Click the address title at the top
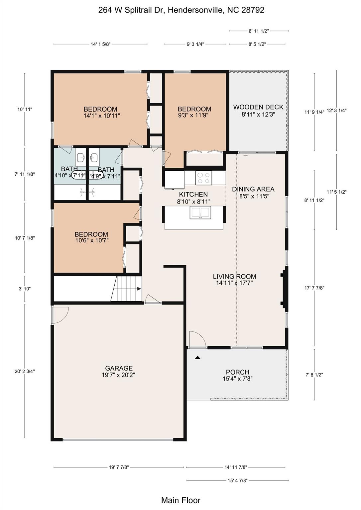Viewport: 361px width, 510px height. (181, 10)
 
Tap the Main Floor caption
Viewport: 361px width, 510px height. (181, 500)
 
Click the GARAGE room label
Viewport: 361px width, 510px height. (119, 368)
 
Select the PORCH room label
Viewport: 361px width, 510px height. (237, 372)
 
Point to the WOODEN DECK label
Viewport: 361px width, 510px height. (258, 107)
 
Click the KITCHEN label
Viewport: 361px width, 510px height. (193, 195)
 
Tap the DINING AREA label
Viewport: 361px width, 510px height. (253, 189)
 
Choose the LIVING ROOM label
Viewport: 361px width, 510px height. (234, 276)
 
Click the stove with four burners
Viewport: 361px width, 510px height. (203, 178)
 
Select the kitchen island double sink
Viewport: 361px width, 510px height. (200, 212)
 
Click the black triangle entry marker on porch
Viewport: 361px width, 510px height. (197, 358)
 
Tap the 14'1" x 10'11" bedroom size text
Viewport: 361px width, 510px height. (102, 116)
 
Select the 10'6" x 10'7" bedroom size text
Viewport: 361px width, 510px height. (91, 240)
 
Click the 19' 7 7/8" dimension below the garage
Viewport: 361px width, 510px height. (119, 467)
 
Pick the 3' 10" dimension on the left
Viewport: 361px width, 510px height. (24, 289)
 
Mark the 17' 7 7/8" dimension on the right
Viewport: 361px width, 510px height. (314, 288)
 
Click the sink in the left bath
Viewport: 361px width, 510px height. (81, 157)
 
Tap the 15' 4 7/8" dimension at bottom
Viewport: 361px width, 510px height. (237, 480)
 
